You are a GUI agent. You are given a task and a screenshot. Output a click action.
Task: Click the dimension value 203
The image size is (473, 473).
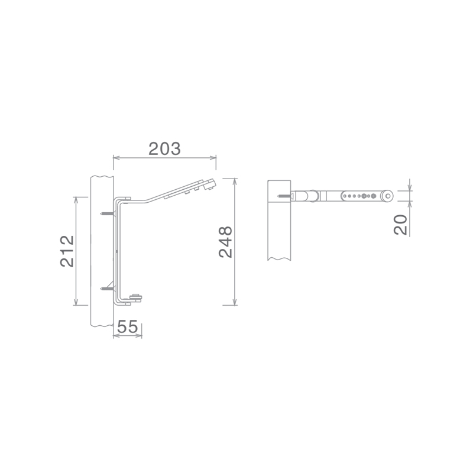[x=164, y=149]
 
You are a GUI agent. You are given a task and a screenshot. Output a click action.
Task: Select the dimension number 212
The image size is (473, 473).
[x=67, y=251]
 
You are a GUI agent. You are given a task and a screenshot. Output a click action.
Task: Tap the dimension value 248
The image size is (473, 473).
[x=226, y=242]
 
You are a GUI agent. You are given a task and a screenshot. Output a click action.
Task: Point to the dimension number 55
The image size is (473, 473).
[x=127, y=326]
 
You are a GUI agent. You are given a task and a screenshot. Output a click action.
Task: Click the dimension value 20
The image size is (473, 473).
[x=401, y=225]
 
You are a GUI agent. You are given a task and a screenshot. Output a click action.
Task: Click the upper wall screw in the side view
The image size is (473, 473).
[x=108, y=213]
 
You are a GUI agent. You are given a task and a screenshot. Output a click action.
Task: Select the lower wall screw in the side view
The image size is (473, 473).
[x=108, y=289]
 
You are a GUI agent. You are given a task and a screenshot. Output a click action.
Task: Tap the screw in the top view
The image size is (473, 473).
[x=285, y=196]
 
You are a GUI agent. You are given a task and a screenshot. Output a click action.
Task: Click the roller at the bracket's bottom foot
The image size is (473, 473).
[x=136, y=298]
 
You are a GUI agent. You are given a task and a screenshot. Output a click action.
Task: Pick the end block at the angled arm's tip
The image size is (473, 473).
[x=209, y=184]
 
